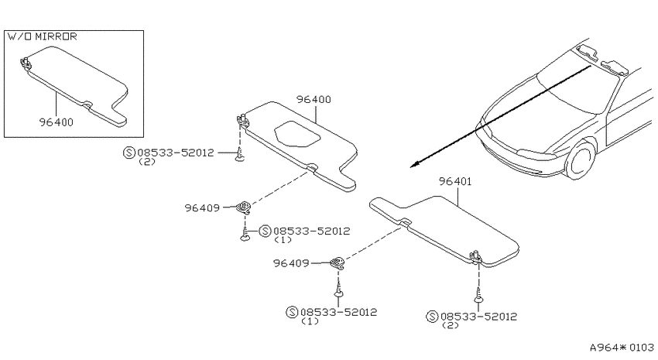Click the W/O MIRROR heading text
pos(43,36)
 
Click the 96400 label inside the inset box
pos(57,122)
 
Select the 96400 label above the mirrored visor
pos(314,99)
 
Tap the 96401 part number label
pos(455,181)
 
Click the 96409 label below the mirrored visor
pos(202,207)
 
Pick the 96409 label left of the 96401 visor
pos(291,263)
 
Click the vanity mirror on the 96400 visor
pos(297,134)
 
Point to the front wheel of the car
pos(581,159)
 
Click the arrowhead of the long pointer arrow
pos(415,164)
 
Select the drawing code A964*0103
pos(622,348)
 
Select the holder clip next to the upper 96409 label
pos(243,207)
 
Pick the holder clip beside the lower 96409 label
pos(338,263)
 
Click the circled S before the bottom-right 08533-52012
pos(432,317)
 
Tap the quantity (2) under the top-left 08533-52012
pos(147,162)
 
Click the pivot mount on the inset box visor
pos(26,62)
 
